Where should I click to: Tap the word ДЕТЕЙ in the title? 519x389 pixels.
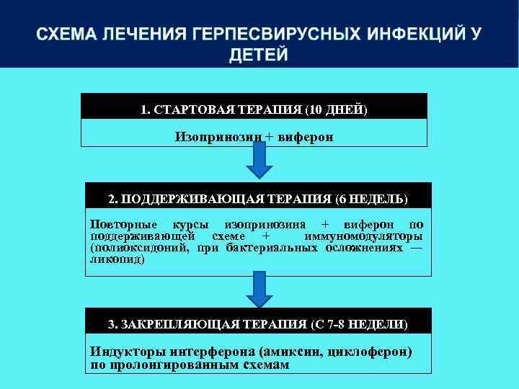tap(259, 55)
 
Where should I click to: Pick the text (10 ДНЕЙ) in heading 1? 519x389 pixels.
tap(337, 110)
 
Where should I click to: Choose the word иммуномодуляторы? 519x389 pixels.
tap(363, 236)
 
